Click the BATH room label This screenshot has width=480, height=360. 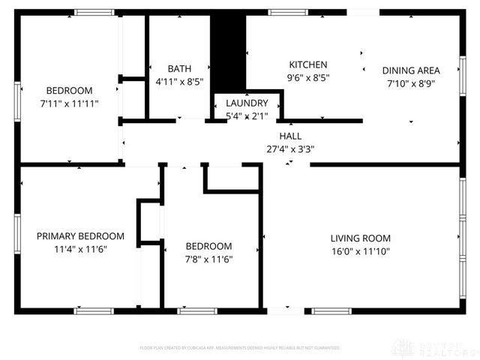179,68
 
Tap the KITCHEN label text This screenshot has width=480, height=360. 308,65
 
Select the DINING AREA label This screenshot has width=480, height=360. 411,71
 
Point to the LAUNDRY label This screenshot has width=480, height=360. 247,103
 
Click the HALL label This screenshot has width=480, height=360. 290,136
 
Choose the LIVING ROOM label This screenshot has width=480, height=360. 361,238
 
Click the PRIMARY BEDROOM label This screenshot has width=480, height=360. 80,236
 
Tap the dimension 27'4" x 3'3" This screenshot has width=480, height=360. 290,149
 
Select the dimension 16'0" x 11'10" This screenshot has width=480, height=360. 361,251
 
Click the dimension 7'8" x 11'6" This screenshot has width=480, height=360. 209,259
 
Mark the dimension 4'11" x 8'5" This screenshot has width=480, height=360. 179,81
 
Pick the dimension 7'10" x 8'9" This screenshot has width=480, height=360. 411,84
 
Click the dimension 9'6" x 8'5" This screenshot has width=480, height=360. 308,77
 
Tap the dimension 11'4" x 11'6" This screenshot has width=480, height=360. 80,249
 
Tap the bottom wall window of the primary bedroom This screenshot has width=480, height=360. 94,310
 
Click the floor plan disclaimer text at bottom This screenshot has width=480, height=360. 240,348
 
